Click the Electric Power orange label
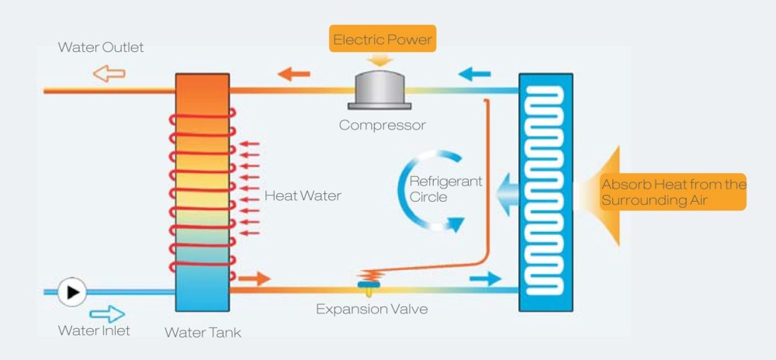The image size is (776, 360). (x=383, y=39)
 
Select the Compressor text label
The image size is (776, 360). (x=383, y=125)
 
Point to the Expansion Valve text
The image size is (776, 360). (x=372, y=309)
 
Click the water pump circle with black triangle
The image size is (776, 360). (x=73, y=292)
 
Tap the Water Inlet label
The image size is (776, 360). (x=94, y=331)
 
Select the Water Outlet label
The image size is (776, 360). (x=101, y=47)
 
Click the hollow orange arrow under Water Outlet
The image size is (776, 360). (x=109, y=74)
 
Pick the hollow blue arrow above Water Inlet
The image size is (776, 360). (x=106, y=313)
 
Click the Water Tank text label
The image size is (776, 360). (x=203, y=332)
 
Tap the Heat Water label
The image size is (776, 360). (x=302, y=196)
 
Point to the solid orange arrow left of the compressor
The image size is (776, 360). (x=294, y=74)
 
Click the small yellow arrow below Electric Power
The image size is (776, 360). (x=382, y=61)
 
